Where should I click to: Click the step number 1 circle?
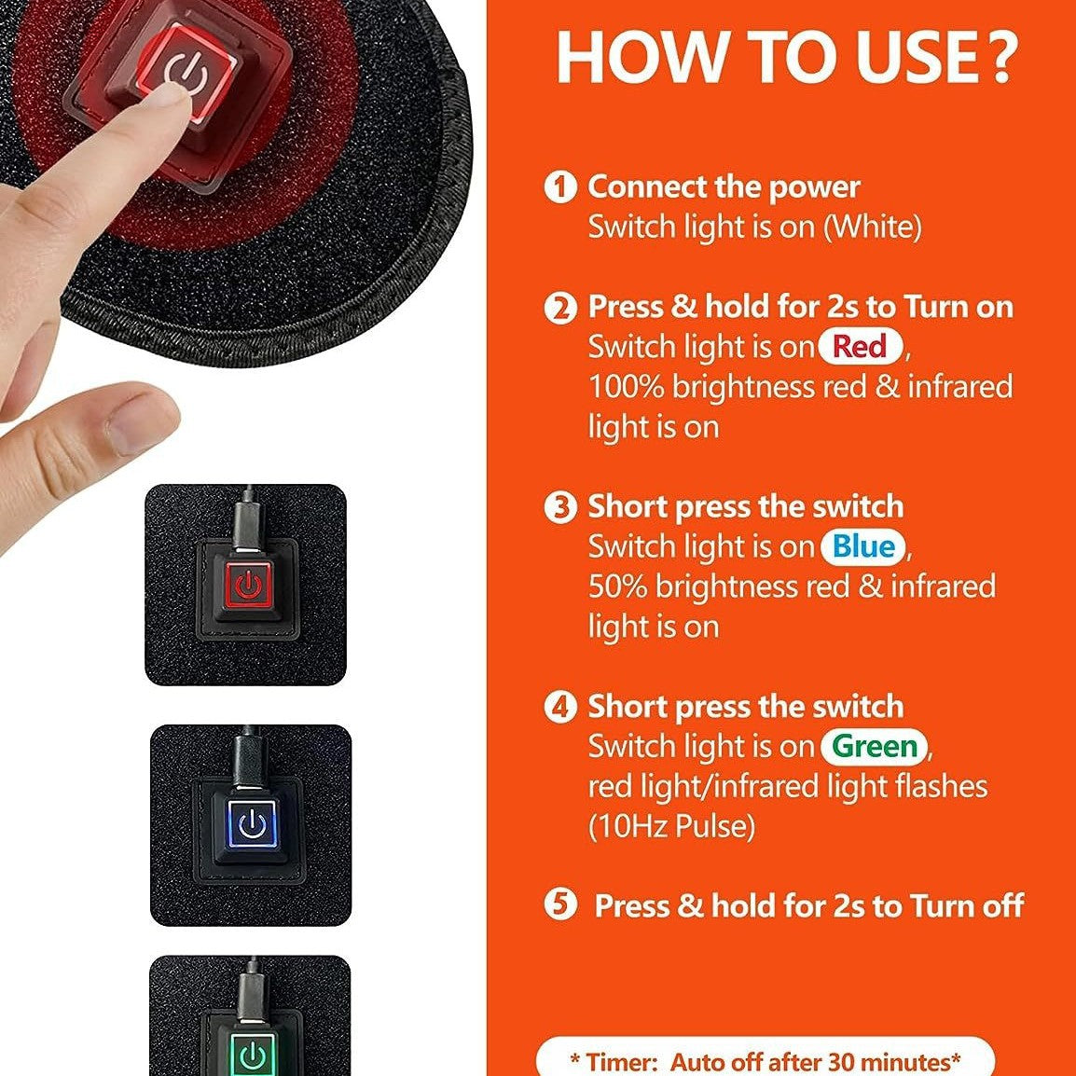point(559,186)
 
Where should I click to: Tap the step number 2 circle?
point(559,307)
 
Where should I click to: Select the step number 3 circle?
point(559,506)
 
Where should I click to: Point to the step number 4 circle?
point(559,707)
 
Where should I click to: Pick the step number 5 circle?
point(559,905)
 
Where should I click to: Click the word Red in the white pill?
point(860,347)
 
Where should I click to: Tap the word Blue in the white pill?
point(863,546)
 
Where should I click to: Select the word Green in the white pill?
point(875,746)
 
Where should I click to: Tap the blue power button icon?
point(252,823)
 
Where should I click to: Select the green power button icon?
point(252,1055)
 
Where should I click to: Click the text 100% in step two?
point(625,387)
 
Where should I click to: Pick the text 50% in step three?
point(617,586)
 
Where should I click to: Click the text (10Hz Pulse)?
point(671,826)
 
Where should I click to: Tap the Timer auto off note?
point(765,1061)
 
